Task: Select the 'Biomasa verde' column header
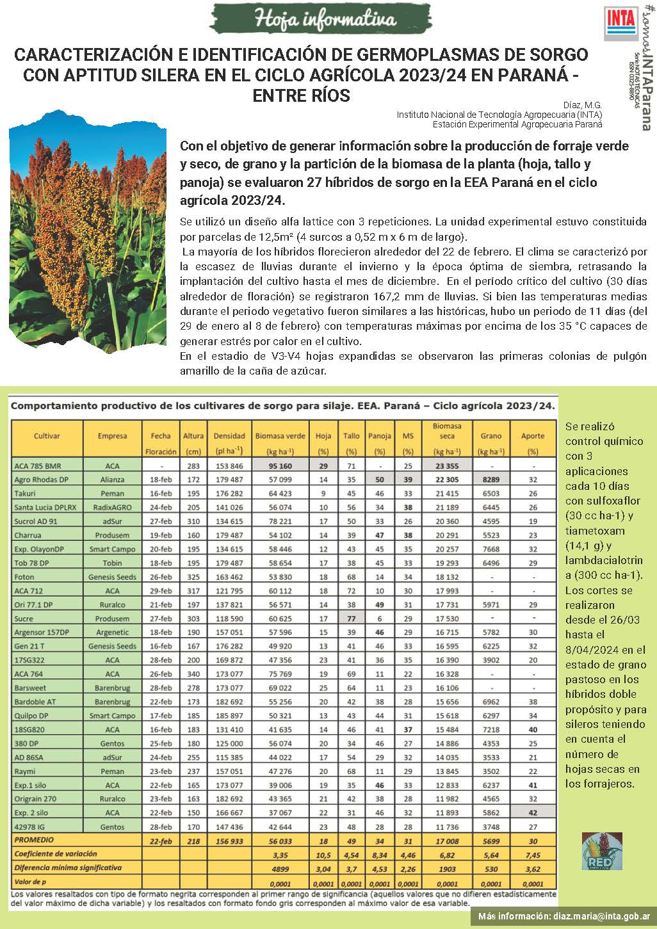[x=280, y=436]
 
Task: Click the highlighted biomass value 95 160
[x=280, y=466]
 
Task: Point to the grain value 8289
[x=491, y=480]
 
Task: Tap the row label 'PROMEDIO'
[x=35, y=840]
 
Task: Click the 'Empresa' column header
[x=112, y=436]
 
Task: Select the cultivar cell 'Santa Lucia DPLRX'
[x=45, y=507]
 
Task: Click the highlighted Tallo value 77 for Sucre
[x=351, y=618]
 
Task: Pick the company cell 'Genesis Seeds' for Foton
[x=112, y=577]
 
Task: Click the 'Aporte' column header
[x=533, y=436]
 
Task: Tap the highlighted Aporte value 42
[x=533, y=812]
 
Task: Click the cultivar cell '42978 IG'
[x=30, y=827]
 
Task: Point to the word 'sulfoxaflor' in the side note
[x=594, y=501]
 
